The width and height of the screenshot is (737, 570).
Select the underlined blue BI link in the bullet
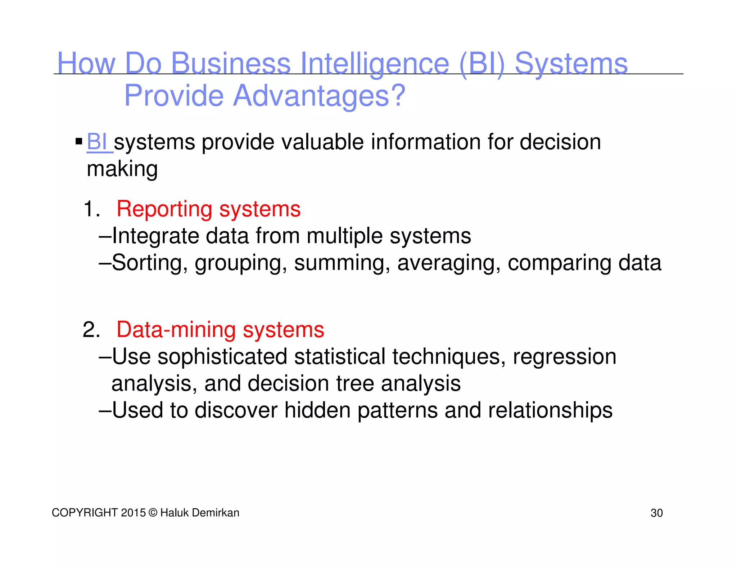pos(98,142)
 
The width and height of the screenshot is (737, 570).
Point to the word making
pos(122,169)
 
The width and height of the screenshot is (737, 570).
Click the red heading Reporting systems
pos(208,209)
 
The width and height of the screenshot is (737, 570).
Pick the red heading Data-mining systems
pos(220,329)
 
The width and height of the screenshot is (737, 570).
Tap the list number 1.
pos(91,209)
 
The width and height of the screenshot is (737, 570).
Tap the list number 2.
pos(91,329)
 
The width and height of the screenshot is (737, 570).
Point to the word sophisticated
pos(222,357)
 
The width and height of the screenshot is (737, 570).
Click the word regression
pos(564,357)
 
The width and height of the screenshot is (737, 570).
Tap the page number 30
pos(656,513)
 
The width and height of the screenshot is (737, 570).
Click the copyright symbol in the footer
pos(153,513)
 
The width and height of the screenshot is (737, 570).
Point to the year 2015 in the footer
pos(133,513)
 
